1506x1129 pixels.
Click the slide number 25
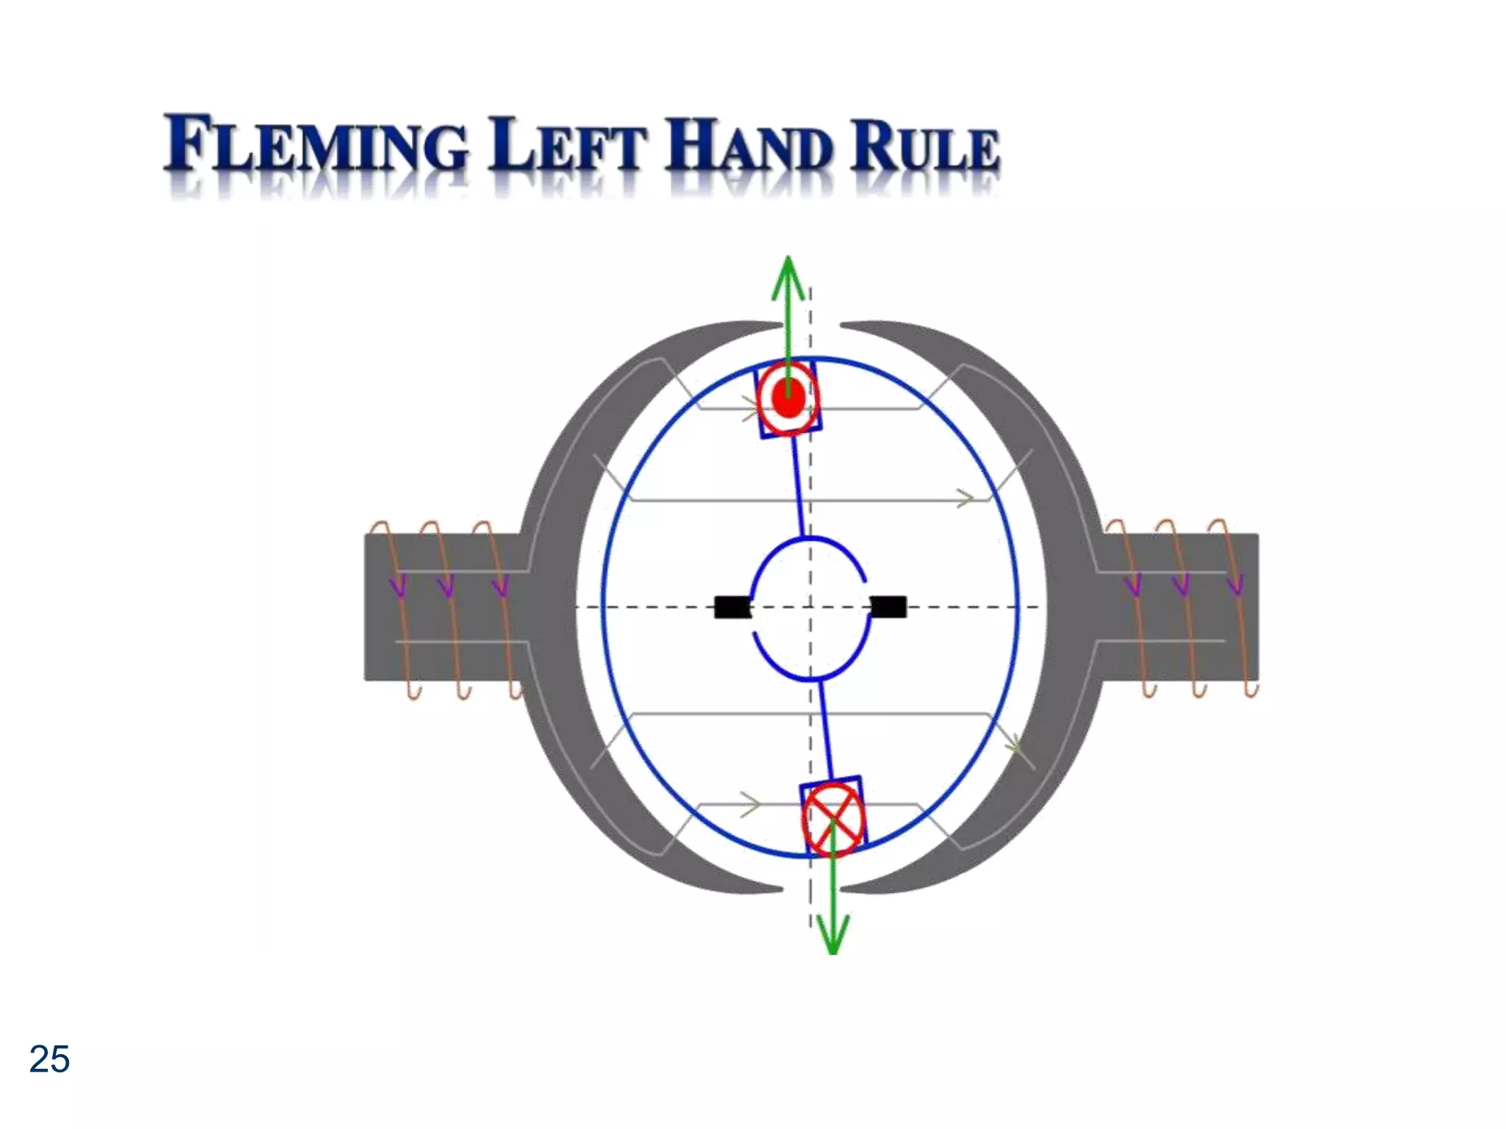[49, 1059]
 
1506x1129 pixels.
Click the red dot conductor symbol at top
[788, 399]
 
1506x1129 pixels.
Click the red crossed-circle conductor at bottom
[832, 818]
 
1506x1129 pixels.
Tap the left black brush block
[732, 607]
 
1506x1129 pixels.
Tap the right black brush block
[888, 607]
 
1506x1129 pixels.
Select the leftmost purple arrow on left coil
[398, 586]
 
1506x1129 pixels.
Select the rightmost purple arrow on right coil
[1235, 586]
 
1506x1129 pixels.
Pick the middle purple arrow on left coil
[446, 586]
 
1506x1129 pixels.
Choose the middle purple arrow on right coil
[1181, 586]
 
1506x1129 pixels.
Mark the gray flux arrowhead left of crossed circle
[750, 804]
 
